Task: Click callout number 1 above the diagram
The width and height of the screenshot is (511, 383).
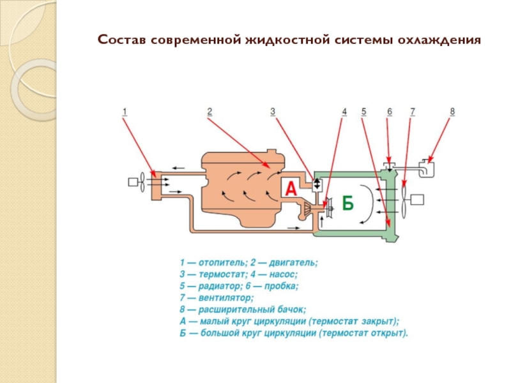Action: click(x=125, y=112)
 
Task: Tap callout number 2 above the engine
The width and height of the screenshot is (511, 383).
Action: click(x=209, y=112)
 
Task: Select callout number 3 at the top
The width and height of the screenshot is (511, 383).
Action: click(x=272, y=112)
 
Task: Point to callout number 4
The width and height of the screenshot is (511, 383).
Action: click(x=344, y=112)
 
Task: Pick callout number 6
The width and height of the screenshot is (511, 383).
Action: click(x=388, y=112)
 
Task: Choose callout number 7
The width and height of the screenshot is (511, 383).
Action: click(x=413, y=112)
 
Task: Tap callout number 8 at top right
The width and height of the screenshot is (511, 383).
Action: click(x=452, y=112)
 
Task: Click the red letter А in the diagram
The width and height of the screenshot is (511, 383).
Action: click(x=291, y=188)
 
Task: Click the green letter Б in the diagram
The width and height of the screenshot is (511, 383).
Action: click(x=347, y=203)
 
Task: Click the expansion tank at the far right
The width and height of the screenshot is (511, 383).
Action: click(x=425, y=169)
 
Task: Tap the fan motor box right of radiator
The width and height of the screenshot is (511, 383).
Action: click(x=418, y=199)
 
